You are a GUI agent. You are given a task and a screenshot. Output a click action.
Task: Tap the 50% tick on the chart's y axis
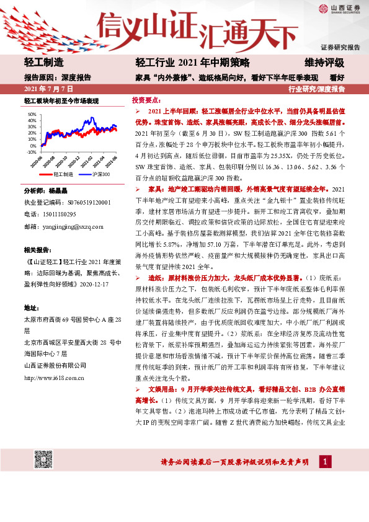click(32, 115)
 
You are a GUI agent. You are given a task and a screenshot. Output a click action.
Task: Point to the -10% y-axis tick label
click(32, 151)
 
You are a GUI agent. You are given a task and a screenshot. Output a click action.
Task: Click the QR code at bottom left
click(42, 460)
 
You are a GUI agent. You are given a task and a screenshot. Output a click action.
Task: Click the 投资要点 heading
click(146, 100)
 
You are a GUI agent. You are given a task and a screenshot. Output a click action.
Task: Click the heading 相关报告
click(37, 250)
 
